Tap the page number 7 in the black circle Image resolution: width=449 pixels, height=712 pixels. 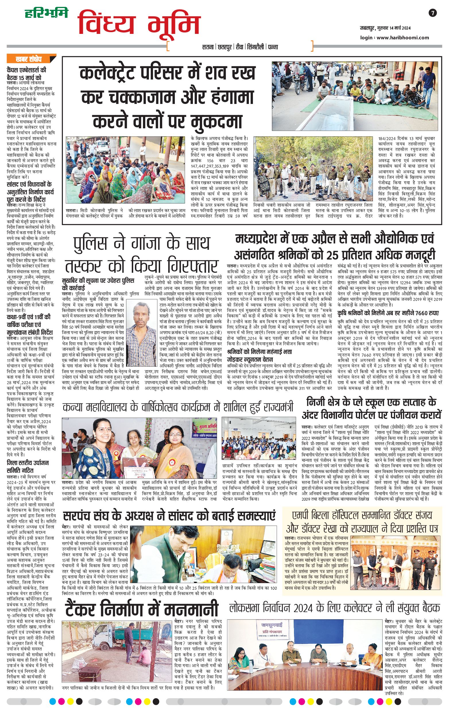432,13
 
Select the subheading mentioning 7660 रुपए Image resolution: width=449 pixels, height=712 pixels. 388,313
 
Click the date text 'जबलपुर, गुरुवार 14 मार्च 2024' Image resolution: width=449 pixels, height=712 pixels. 385,28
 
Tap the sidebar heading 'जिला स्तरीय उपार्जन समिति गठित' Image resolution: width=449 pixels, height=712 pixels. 28,467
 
